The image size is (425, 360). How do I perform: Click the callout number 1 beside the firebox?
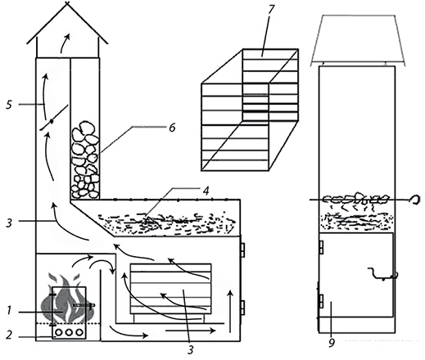(9, 310)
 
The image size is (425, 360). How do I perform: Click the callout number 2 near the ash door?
(10, 335)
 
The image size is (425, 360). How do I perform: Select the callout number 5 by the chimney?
(9, 105)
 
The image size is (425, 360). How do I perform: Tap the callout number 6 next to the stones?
(172, 128)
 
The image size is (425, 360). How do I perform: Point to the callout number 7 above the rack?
(270, 9)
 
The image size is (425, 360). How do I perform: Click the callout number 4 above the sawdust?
(206, 191)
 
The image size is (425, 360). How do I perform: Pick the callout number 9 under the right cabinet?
(332, 343)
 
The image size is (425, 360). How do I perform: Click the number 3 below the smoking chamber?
(191, 349)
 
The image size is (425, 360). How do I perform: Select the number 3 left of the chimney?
(9, 223)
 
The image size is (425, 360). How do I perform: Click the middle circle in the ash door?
(69, 332)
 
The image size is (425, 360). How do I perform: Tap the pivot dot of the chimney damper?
(51, 121)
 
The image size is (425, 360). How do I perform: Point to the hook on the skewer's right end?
(415, 199)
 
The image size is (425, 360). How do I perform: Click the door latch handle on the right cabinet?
(383, 274)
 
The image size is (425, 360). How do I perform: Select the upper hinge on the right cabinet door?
(322, 247)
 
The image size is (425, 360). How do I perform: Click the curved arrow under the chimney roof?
(65, 43)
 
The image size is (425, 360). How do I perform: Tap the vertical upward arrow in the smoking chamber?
(231, 312)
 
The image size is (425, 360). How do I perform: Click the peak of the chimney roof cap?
(67, 2)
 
